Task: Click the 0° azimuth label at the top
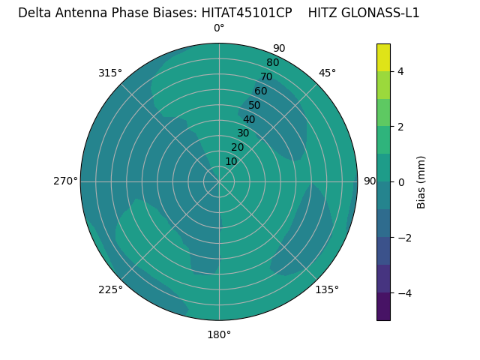click(219, 28)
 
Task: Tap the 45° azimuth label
click(327, 73)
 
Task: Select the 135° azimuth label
click(327, 289)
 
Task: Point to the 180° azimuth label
click(219, 334)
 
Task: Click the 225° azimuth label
click(110, 289)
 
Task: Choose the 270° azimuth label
click(65, 181)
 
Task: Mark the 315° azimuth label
click(110, 73)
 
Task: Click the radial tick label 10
click(231, 161)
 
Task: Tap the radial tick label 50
click(255, 105)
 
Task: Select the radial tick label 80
click(272, 62)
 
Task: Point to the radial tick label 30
click(243, 133)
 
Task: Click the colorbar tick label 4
click(400, 71)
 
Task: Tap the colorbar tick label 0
click(400, 181)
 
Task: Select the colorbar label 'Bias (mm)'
click(421, 181)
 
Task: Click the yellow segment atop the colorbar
click(383, 57)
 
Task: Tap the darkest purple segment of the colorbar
click(383, 307)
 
